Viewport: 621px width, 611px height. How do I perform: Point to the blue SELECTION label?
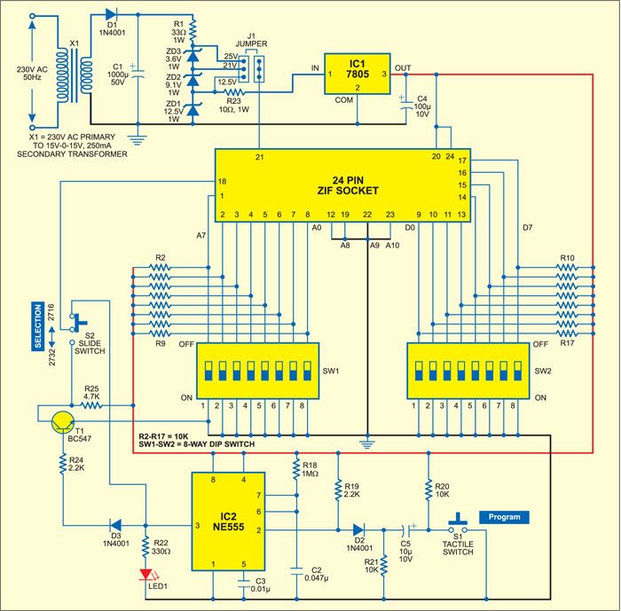[38, 327]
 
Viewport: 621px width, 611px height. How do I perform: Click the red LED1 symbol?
[145, 577]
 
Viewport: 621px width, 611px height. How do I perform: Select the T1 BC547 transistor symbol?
[64, 419]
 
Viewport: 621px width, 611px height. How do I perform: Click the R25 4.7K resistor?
[91, 406]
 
